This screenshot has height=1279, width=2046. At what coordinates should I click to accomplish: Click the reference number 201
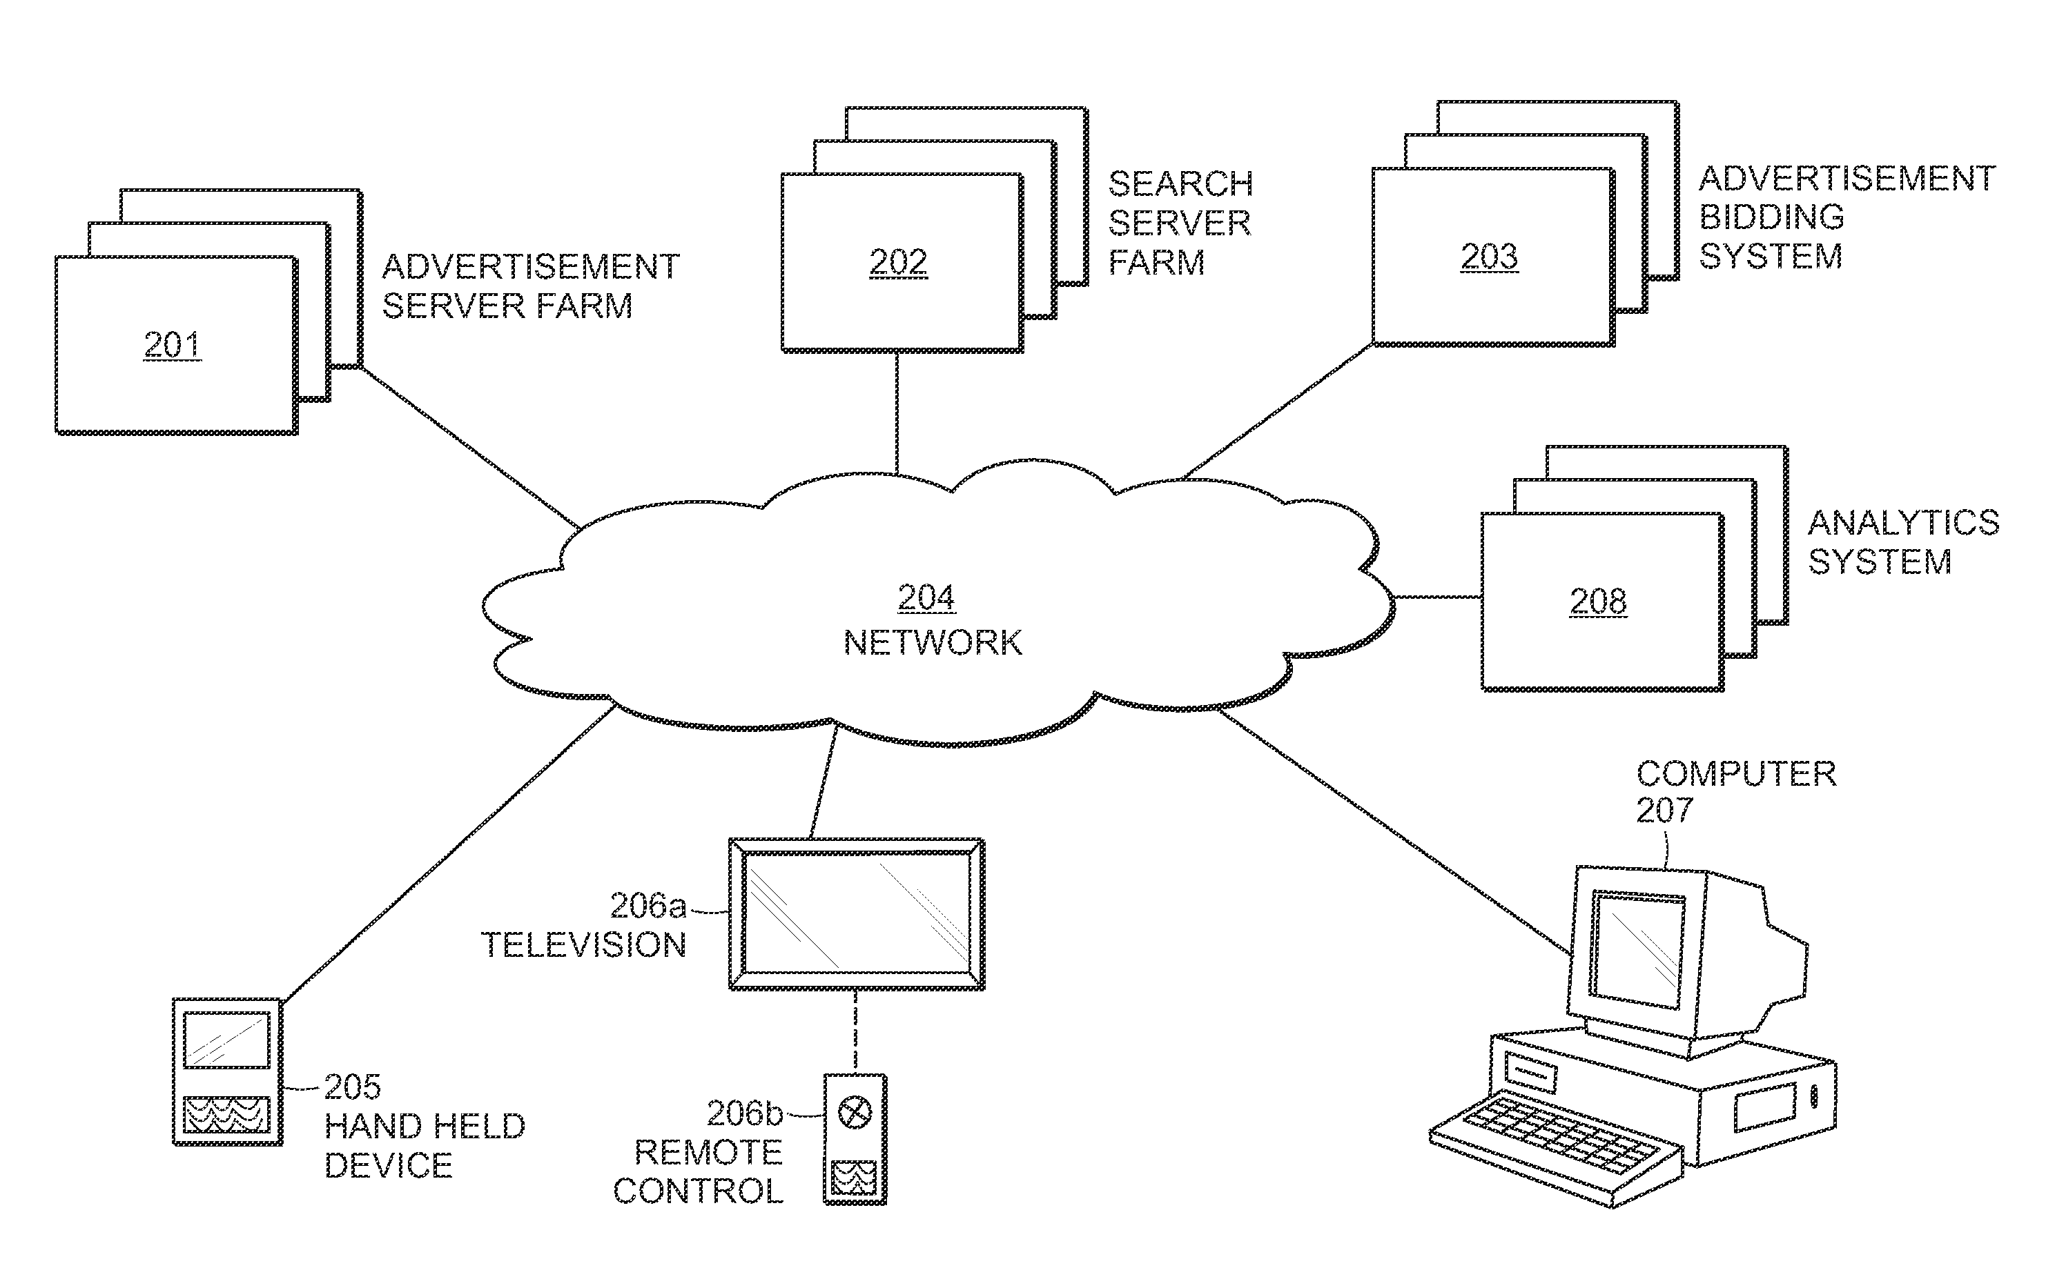[173, 344]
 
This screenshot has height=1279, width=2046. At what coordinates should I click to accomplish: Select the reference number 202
[898, 261]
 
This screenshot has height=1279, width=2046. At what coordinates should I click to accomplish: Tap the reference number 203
[1488, 257]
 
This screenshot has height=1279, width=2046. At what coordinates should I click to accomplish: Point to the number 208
[1597, 602]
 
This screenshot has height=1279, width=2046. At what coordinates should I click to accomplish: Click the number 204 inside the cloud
[926, 597]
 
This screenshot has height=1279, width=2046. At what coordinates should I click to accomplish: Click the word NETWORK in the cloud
[933, 643]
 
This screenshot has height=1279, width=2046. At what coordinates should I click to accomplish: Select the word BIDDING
[1771, 217]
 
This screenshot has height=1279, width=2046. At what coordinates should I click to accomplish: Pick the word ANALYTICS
[1903, 523]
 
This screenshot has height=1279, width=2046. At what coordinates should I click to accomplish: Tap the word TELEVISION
[584, 945]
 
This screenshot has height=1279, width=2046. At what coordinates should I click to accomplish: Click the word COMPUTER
[1736, 774]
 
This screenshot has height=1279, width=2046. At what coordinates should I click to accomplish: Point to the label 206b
[745, 1113]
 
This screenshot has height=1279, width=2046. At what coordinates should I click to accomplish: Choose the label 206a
[647, 906]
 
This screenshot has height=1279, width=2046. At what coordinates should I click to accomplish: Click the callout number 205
[352, 1086]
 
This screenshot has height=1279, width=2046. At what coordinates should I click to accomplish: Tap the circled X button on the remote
[855, 1112]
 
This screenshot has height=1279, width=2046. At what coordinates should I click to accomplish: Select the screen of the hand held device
[227, 1040]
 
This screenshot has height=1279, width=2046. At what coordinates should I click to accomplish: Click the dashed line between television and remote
[855, 1032]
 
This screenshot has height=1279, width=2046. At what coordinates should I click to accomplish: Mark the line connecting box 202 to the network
[897, 413]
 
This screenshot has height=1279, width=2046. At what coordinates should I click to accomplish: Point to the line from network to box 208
[1436, 597]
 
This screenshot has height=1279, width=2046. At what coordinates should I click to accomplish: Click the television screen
[857, 913]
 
